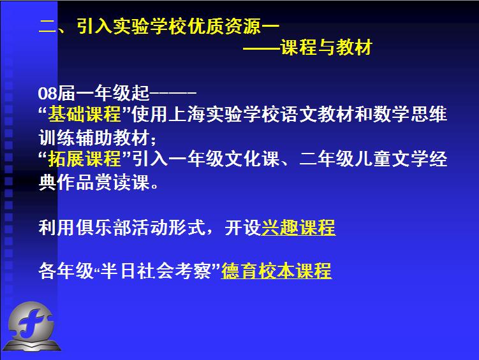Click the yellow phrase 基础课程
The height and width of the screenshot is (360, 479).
(85, 114)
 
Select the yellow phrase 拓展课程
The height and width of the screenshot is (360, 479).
(85, 159)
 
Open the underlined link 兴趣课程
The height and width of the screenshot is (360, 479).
(298, 227)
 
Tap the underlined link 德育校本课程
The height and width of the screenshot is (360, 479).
(276, 271)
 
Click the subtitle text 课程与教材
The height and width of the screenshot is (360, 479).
(327, 47)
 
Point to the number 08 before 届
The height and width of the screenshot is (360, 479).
(47, 93)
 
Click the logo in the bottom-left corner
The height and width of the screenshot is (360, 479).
(31, 326)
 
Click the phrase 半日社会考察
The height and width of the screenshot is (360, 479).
(156, 271)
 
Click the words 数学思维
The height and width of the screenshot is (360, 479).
(410, 114)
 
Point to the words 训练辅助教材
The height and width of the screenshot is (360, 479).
(94, 137)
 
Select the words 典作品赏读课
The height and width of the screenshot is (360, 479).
(94, 182)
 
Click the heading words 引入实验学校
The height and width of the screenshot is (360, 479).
(131, 26)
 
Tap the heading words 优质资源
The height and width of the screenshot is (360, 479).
(225, 26)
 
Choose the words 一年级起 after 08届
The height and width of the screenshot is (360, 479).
(112, 93)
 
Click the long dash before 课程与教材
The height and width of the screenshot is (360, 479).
(262, 48)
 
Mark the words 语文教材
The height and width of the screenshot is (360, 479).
(318, 114)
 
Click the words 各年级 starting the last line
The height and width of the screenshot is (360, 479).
(66, 271)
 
